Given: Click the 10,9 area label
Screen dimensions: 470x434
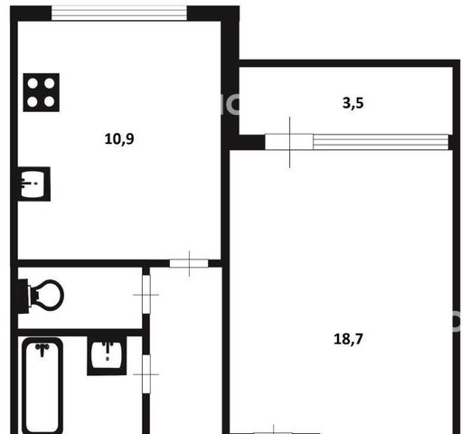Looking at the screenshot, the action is [x=119, y=139].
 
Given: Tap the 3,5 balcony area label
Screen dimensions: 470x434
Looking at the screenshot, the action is [x=353, y=103].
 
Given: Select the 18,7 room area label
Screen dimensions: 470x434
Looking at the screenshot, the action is [x=348, y=339].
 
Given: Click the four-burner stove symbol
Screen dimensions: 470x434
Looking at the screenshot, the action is [x=42, y=92].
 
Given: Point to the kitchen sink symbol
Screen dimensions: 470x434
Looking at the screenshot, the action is [x=34, y=184].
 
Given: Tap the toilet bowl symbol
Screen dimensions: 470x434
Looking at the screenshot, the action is [x=42, y=296].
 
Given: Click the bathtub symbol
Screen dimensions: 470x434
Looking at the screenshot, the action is [x=42, y=386].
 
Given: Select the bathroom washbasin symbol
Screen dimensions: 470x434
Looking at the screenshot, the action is [x=107, y=355].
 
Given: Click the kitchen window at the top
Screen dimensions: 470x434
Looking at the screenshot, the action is [x=119, y=14].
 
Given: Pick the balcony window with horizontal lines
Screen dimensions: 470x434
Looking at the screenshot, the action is [x=381, y=142].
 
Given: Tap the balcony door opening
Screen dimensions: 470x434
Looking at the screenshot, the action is [x=289, y=142].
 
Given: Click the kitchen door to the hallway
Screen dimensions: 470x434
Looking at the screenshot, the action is [x=189, y=263].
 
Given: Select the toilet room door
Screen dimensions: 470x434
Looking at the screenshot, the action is [x=146, y=295].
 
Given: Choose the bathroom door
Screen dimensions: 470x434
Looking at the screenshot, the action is [x=146, y=374].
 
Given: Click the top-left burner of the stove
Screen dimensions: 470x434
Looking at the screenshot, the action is [x=33, y=83].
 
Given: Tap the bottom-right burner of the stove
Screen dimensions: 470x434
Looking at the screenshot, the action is [x=50, y=101].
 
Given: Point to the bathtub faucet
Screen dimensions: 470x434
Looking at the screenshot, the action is [x=42, y=349].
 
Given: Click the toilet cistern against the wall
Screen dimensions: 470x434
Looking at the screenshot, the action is [x=23, y=297].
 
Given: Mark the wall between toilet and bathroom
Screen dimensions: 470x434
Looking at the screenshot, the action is [x=80, y=333].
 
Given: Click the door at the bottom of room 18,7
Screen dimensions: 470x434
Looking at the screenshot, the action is [x=274, y=432].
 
